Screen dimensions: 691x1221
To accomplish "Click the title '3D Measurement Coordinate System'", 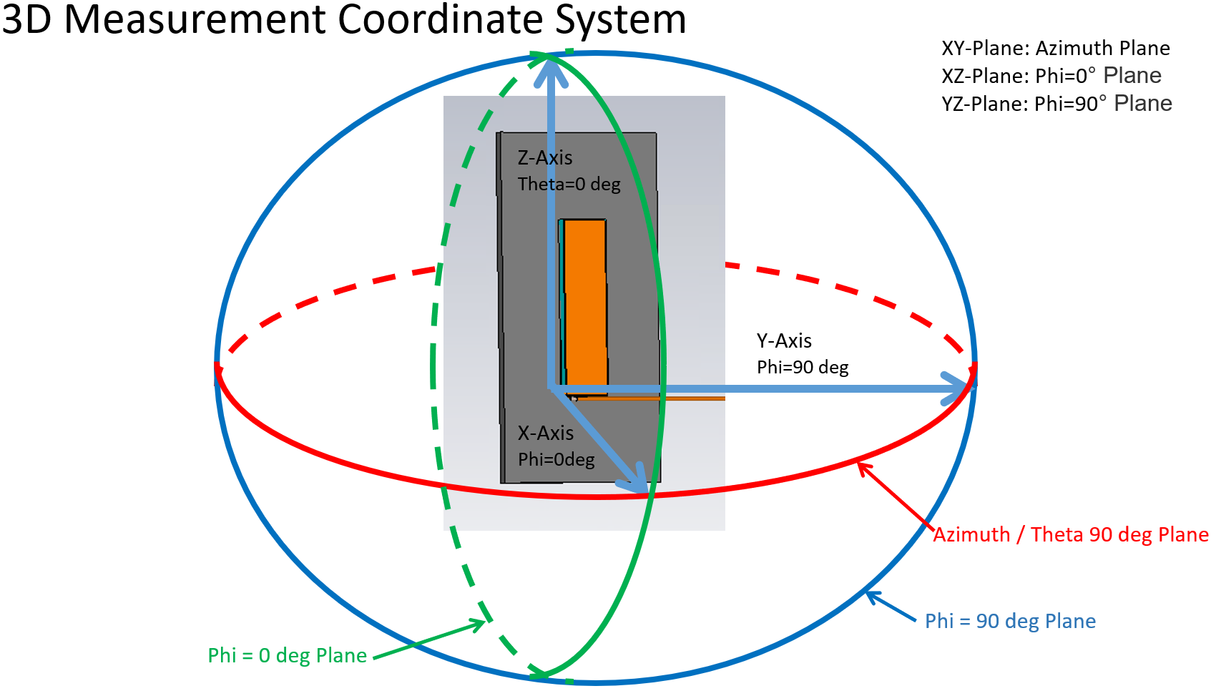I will [x=343, y=19].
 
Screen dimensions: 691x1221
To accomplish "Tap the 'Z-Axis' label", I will [x=545, y=157].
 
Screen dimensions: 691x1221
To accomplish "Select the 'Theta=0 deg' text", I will [x=569, y=185].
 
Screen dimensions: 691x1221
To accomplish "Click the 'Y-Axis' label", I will [x=784, y=340].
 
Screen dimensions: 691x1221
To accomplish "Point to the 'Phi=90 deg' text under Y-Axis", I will [x=803, y=368].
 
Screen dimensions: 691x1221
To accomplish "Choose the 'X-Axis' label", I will [x=545, y=433].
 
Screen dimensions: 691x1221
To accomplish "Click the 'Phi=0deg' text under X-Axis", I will [x=556, y=459].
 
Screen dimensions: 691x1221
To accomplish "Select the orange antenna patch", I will [x=585, y=304].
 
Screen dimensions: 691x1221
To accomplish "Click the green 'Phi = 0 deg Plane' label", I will [x=287, y=655].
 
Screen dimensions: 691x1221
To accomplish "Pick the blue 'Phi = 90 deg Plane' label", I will [x=1009, y=621].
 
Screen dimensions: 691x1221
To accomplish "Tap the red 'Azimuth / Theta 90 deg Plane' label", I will [x=1070, y=534].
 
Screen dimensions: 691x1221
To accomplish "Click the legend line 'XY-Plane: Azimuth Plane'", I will [x=1055, y=48].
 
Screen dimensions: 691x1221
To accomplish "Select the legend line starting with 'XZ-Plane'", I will [x=1051, y=76].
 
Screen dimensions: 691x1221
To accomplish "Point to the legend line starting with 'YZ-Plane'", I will [x=1056, y=104].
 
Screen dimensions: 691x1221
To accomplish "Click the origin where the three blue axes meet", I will [x=551, y=388].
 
